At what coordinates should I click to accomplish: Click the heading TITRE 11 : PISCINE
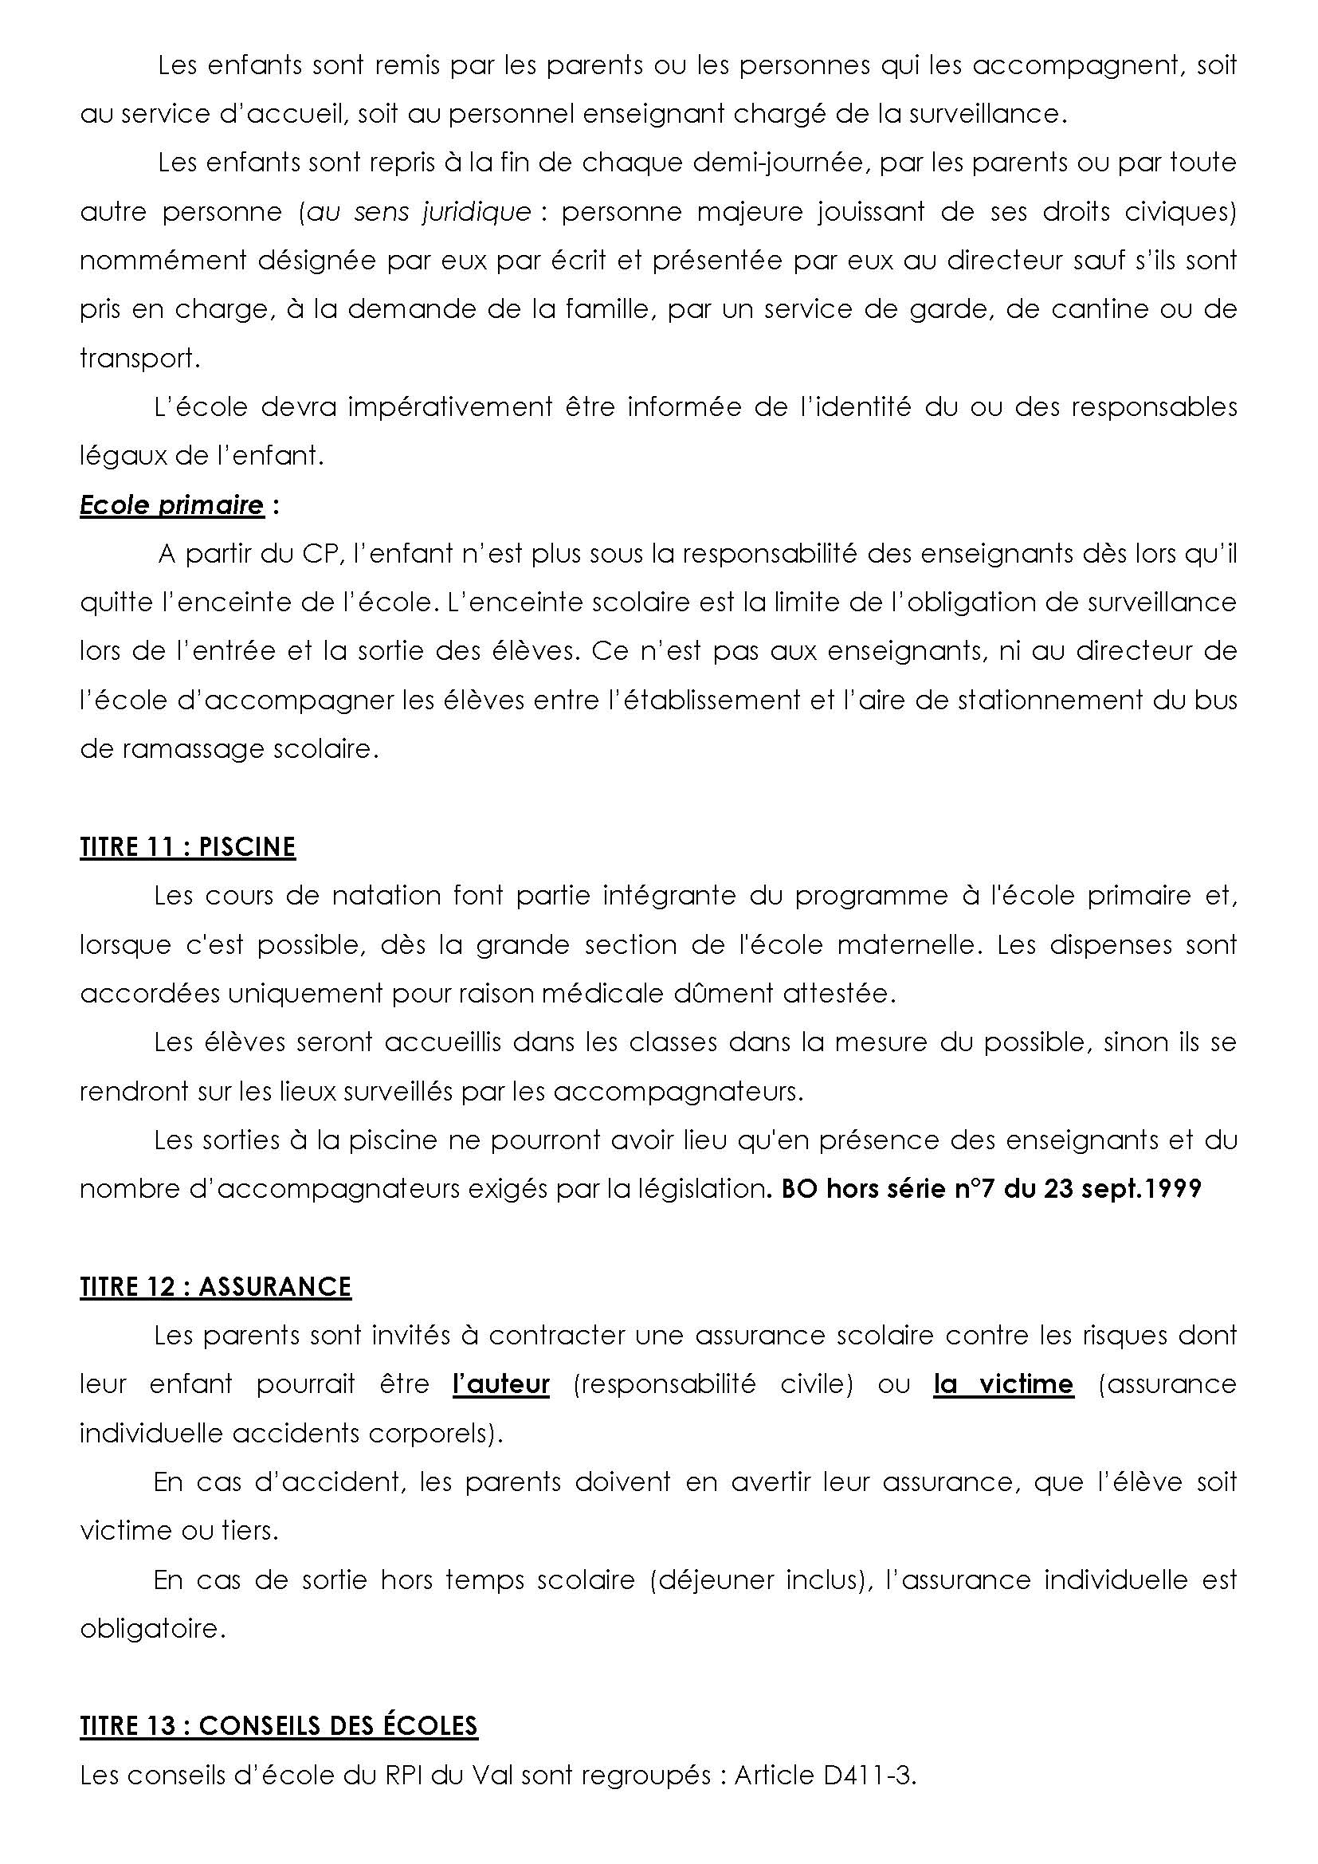tap(187, 847)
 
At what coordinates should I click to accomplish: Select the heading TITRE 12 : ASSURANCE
tap(215, 1287)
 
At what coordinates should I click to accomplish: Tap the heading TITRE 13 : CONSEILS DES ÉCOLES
tap(278, 1725)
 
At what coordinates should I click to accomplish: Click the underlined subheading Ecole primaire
tap(171, 505)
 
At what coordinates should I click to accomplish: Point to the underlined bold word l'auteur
tap(500, 1384)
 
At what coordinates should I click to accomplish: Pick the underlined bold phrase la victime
tap(1003, 1384)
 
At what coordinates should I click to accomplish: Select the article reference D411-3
tap(869, 1775)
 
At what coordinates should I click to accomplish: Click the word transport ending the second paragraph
tap(138, 358)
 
